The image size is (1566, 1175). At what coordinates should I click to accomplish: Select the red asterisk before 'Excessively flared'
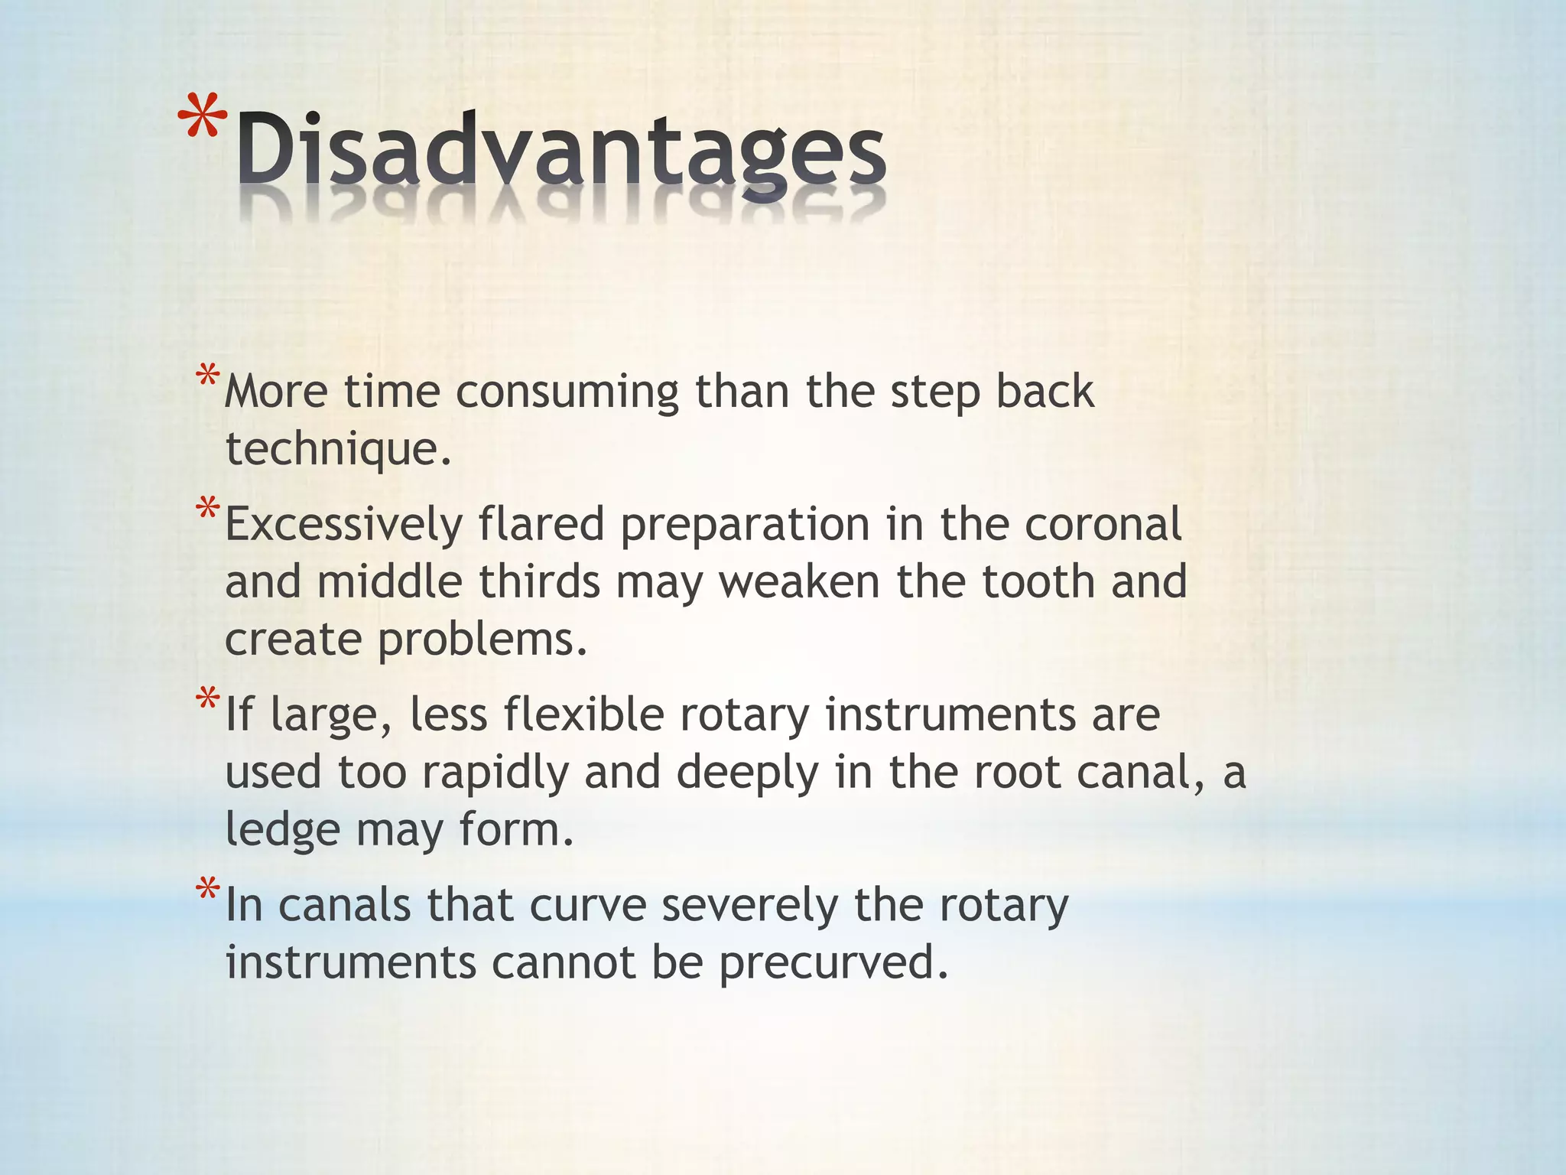(x=207, y=509)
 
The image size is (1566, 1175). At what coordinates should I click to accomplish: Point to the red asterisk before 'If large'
(x=207, y=699)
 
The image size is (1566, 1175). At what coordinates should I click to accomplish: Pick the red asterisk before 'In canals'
(x=207, y=890)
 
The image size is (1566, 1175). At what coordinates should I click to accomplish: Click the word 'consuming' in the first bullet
(x=567, y=393)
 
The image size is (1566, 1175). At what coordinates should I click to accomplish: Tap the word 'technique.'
(x=339, y=448)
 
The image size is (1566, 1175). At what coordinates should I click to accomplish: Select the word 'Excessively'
(x=344, y=526)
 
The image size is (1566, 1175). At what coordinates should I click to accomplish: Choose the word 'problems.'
(x=482, y=640)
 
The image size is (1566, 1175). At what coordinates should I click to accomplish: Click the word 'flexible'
(x=583, y=716)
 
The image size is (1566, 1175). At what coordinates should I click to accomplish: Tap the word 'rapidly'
(x=495, y=773)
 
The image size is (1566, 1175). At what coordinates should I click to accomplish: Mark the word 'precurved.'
(x=833, y=963)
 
